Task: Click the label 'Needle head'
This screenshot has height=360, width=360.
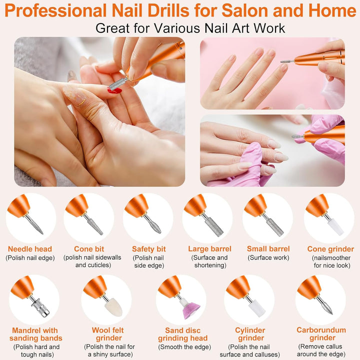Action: (x=30, y=248)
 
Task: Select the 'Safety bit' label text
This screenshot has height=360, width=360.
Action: (x=148, y=248)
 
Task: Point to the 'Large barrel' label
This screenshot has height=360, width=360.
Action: (x=209, y=248)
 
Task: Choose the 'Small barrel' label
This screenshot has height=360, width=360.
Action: (x=268, y=248)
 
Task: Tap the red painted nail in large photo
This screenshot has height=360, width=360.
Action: (x=114, y=90)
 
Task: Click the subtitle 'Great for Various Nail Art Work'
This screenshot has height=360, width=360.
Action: (x=190, y=27)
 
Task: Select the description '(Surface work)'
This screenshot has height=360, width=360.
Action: (x=268, y=258)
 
